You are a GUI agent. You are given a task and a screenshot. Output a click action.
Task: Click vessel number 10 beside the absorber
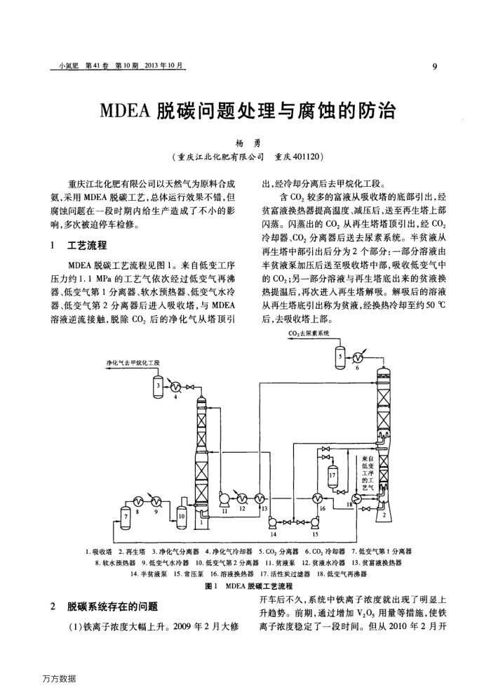pos(182,516)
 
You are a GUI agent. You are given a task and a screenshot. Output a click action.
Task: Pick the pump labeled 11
pos(226,499)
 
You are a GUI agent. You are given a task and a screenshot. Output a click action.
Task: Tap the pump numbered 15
pos(314,522)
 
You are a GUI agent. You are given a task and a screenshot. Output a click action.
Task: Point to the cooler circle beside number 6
pos(356,355)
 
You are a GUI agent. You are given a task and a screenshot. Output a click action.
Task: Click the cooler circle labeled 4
pos(175,385)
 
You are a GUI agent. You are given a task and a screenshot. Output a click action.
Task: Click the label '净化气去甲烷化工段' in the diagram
pos(133,362)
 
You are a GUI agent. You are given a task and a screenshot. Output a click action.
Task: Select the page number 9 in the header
pos(434,67)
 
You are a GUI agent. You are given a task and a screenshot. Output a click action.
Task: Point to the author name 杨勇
pos(245,142)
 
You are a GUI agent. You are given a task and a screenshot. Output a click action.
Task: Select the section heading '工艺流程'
pos(87,246)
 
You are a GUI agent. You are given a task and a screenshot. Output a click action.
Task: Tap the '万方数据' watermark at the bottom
pos(59,678)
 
